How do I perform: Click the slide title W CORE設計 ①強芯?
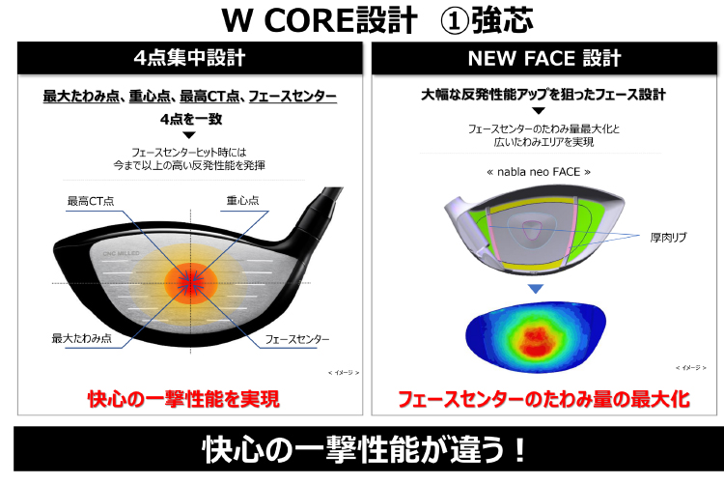[377, 20]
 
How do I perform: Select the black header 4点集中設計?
[190, 58]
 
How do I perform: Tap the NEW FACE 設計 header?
[543, 58]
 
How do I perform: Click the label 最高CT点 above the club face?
[91, 201]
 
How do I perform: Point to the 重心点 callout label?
[243, 200]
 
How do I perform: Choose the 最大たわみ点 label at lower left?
[82, 338]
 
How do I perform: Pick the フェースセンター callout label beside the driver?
[297, 339]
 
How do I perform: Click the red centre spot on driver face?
[191, 283]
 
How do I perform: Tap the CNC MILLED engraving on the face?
[121, 253]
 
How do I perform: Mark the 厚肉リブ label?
[668, 237]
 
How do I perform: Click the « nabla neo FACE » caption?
[539, 172]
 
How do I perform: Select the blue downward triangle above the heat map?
[536, 289]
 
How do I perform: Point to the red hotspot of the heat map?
[536, 341]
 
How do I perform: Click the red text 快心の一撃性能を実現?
[183, 399]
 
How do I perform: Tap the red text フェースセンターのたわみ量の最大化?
[543, 399]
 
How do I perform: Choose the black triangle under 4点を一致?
[189, 135]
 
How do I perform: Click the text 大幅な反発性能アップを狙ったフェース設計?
[543, 95]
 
